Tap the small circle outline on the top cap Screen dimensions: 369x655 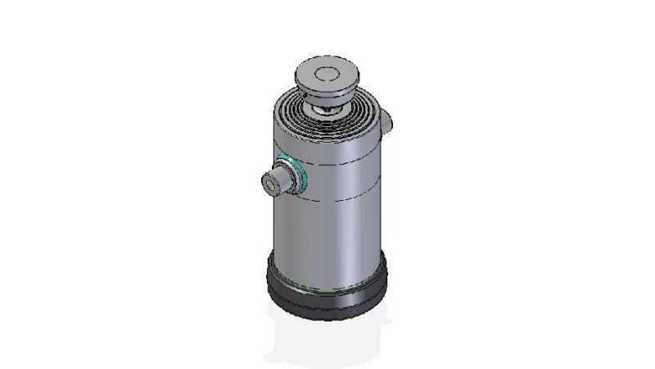pyautogui.click(x=327, y=74)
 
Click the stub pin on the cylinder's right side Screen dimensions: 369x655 pyautogui.click(x=389, y=120)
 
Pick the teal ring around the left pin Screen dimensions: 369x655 pyautogui.click(x=300, y=174)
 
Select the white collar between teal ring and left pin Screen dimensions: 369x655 pyautogui.click(x=291, y=176)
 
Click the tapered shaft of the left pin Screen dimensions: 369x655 pyautogui.click(x=281, y=180)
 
